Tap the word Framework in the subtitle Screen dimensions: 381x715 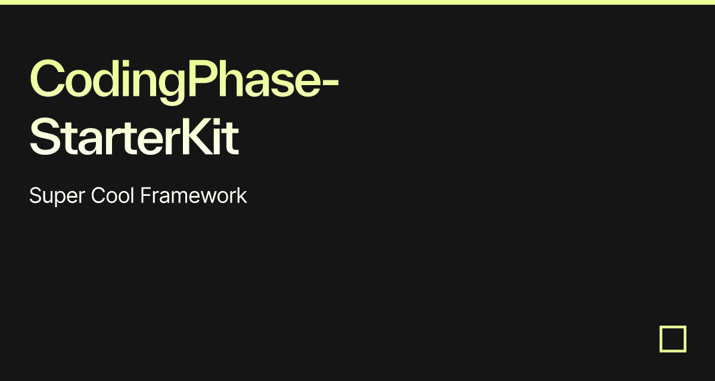click(x=193, y=195)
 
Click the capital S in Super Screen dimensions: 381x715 click(x=35, y=195)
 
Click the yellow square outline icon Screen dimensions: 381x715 click(x=673, y=339)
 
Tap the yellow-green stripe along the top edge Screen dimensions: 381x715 click(x=357, y=2)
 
